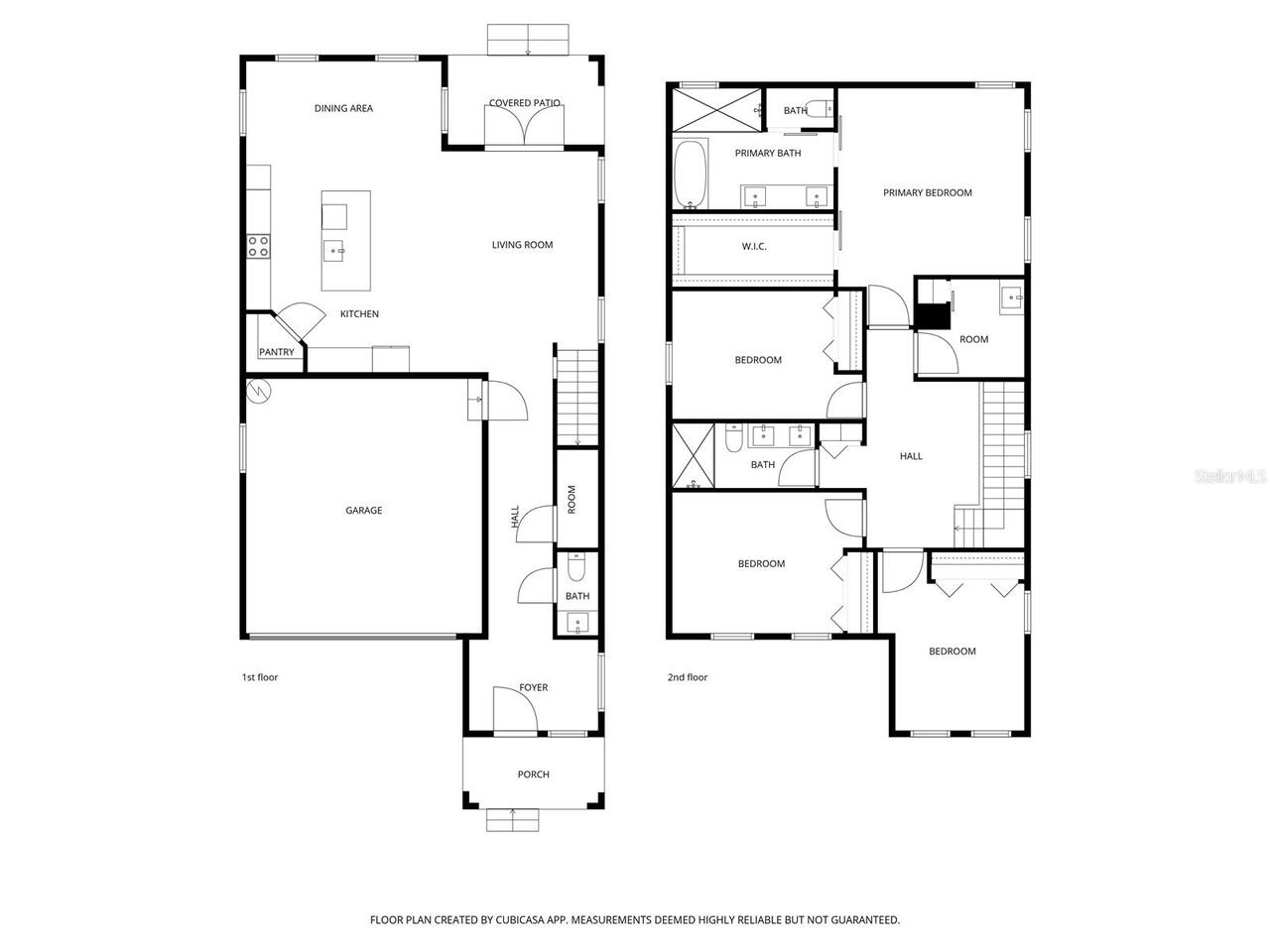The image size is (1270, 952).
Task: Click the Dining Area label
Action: tap(343, 108)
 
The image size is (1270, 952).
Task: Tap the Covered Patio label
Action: tap(525, 103)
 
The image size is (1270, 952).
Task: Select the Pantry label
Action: tap(276, 352)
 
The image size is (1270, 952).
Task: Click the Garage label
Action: tap(363, 511)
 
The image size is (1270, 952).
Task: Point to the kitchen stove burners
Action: tap(259, 246)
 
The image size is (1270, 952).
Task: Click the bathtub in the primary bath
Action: tap(691, 175)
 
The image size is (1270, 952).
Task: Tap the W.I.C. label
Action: tap(754, 246)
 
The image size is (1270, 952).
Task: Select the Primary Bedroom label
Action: tap(928, 192)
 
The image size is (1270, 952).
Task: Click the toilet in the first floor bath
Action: tap(576, 567)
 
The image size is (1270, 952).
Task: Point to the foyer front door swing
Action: tap(514, 710)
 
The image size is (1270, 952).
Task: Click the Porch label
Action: tap(533, 774)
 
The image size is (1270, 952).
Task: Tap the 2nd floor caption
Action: tap(688, 677)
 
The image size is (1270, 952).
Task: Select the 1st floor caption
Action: tap(260, 677)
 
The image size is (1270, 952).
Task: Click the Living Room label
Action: tap(522, 245)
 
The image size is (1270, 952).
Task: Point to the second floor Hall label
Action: tap(911, 456)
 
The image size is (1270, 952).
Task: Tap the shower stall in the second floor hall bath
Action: tap(693, 455)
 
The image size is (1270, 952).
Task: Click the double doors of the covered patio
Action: tap(525, 127)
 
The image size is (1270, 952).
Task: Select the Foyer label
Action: tap(533, 687)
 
